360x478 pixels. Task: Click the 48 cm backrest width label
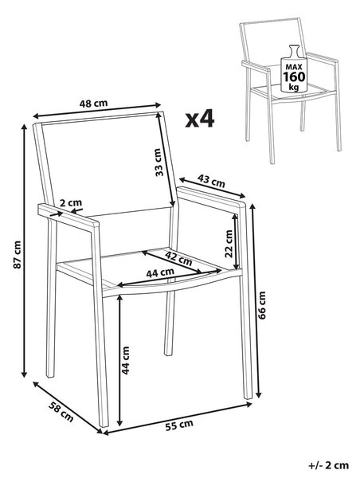coord(93,104)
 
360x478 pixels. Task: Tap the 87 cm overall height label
coord(17,255)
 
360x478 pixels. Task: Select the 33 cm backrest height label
coord(159,163)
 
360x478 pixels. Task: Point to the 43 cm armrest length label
coord(211,181)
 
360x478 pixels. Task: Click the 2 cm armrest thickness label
coord(70,202)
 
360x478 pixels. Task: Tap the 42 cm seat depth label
coord(178,258)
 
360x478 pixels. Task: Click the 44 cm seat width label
coord(160,272)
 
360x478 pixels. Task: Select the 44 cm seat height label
coord(125,360)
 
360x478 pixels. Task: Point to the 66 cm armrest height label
coord(262,305)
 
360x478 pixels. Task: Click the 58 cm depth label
coord(61,412)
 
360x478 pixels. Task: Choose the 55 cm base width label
coord(179,425)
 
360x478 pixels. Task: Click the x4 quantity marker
coord(200,119)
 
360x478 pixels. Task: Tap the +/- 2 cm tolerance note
coord(328,465)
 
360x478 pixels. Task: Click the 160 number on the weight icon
coord(294,76)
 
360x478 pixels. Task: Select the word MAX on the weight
coord(294,66)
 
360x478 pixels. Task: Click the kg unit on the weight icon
coord(294,88)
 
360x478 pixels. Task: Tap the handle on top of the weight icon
coord(294,49)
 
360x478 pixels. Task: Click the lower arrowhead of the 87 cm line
coord(24,374)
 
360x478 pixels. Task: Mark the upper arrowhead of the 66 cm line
coord(252,208)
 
